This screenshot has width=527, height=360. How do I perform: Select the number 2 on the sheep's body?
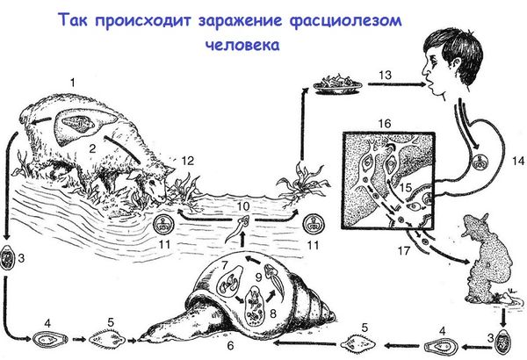point(91,150)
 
